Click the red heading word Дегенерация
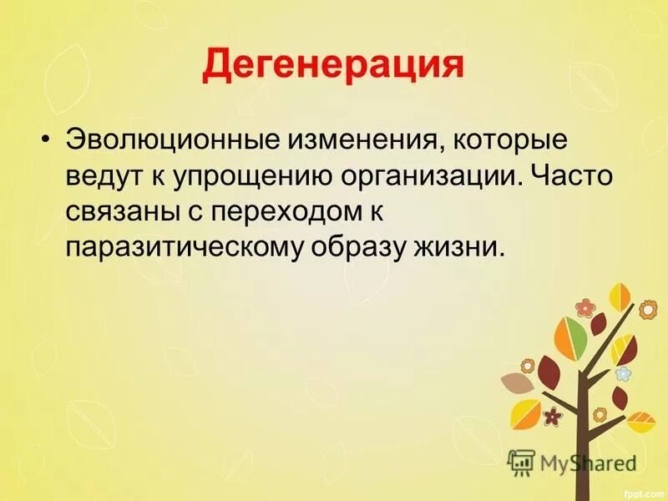(333, 64)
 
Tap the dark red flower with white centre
(552, 414)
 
